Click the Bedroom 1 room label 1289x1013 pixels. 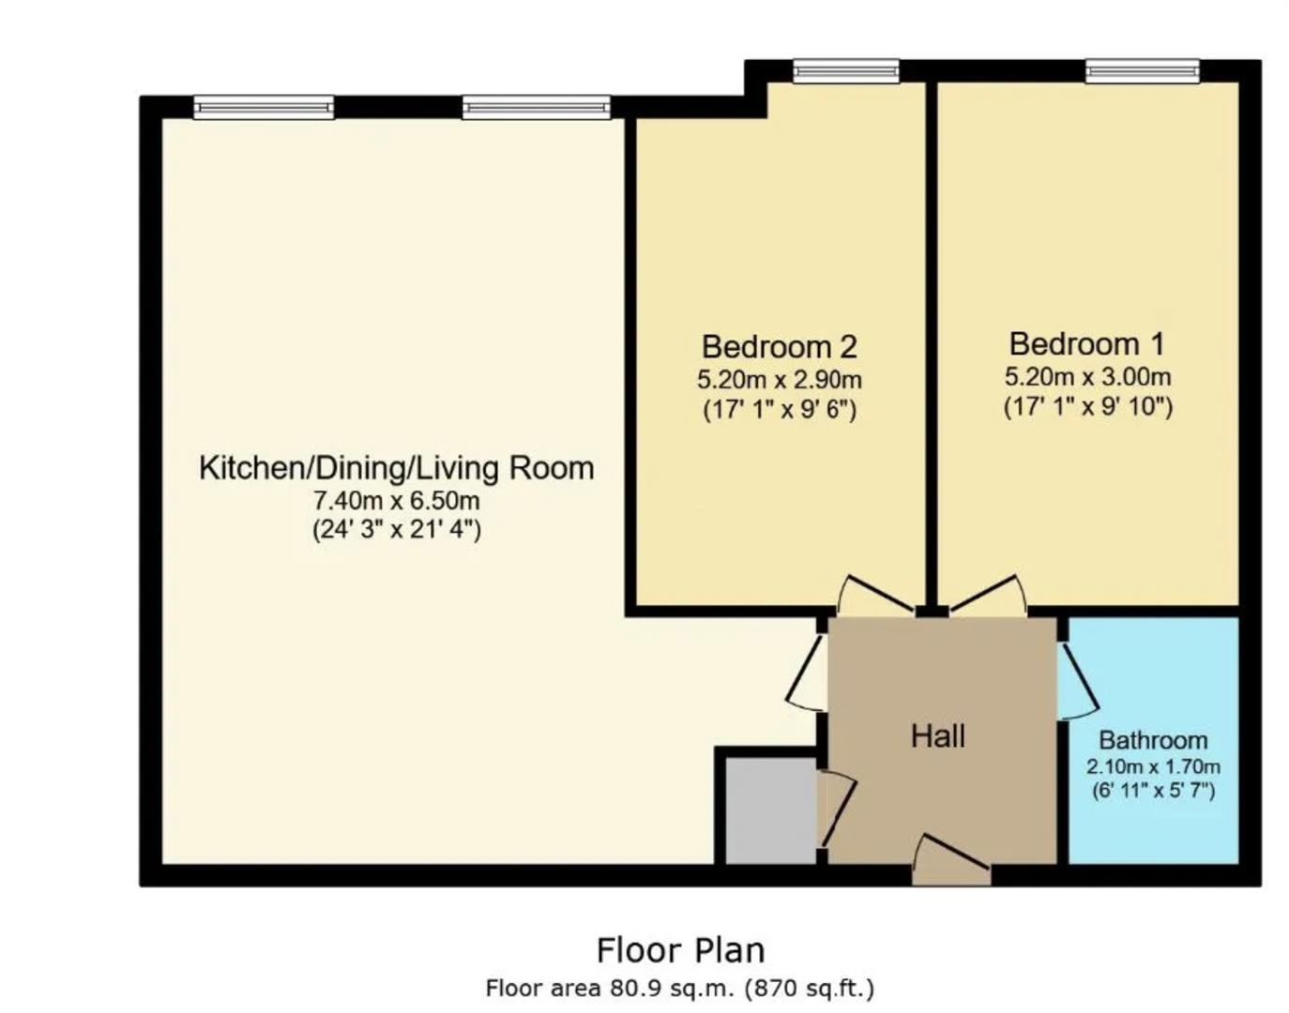pyautogui.click(x=1086, y=344)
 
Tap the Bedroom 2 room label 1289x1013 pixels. pyautogui.click(x=779, y=347)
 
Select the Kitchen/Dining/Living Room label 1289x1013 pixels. pyautogui.click(x=396, y=467)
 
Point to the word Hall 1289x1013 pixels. pyautogui.click(x=937, y=736)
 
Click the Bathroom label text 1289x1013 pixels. pyautogui.click(x=1153, y=740)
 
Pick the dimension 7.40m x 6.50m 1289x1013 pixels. pyautogui.click(x=396, y=500)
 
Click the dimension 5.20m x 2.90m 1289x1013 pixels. pyautogui.click(x=779, y=380)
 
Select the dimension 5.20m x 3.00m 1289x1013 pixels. pyautogui.click(x=1087, y=377)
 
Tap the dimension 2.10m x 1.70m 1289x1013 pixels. pyautogui.click(x=1153, y=766)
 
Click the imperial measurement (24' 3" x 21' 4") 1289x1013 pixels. pyautogui.click(x=396, y=530)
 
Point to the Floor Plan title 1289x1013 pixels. pyautogui.click(x=680, y=950)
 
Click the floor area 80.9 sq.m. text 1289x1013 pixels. pyautogui.click(x=680, y=988)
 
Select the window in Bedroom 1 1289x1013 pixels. pyautogui.click(x=1142, y=70)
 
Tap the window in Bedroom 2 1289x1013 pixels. pyautogui.click(x=845, y=71)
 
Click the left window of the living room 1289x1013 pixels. pyautogui.click(x=264, y=108)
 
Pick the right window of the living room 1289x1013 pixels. pyautogui.click(x=536, y=108)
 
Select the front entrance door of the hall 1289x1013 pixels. pyautogui.click(x=951, y=863)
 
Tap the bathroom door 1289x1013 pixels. pyautogui.click(x=1077, y=680)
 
